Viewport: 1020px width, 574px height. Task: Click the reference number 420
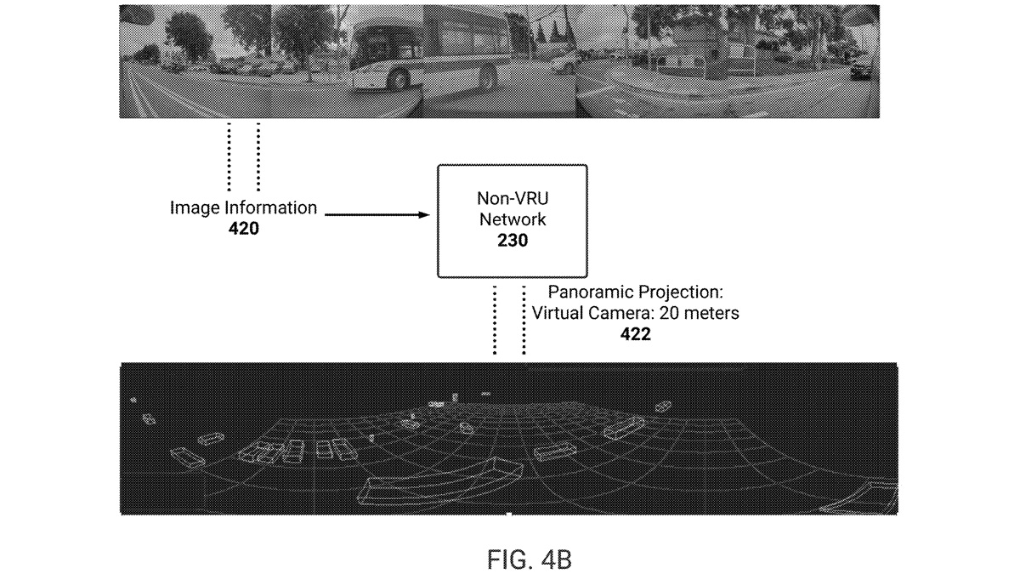[244, 228]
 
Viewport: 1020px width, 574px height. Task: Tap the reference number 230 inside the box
[513, 240]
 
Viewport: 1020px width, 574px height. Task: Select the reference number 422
[635, 334]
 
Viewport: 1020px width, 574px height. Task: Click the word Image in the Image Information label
[195, 207]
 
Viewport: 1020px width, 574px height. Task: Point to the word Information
[271, 207]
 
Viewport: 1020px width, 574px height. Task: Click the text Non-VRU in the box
[513, 198]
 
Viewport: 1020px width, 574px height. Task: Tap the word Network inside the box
[513, 219]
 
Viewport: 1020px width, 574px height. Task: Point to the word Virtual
[558, 313]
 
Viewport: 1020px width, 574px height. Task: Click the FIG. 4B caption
[529, 560]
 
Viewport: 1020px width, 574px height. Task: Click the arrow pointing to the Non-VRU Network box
[377, 214]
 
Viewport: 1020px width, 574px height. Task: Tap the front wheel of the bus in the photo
[399, 78]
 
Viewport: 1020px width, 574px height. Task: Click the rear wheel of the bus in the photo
[488, 76]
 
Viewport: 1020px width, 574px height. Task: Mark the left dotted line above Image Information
[229, 156]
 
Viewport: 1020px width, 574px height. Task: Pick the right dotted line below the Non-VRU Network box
[524, 320]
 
